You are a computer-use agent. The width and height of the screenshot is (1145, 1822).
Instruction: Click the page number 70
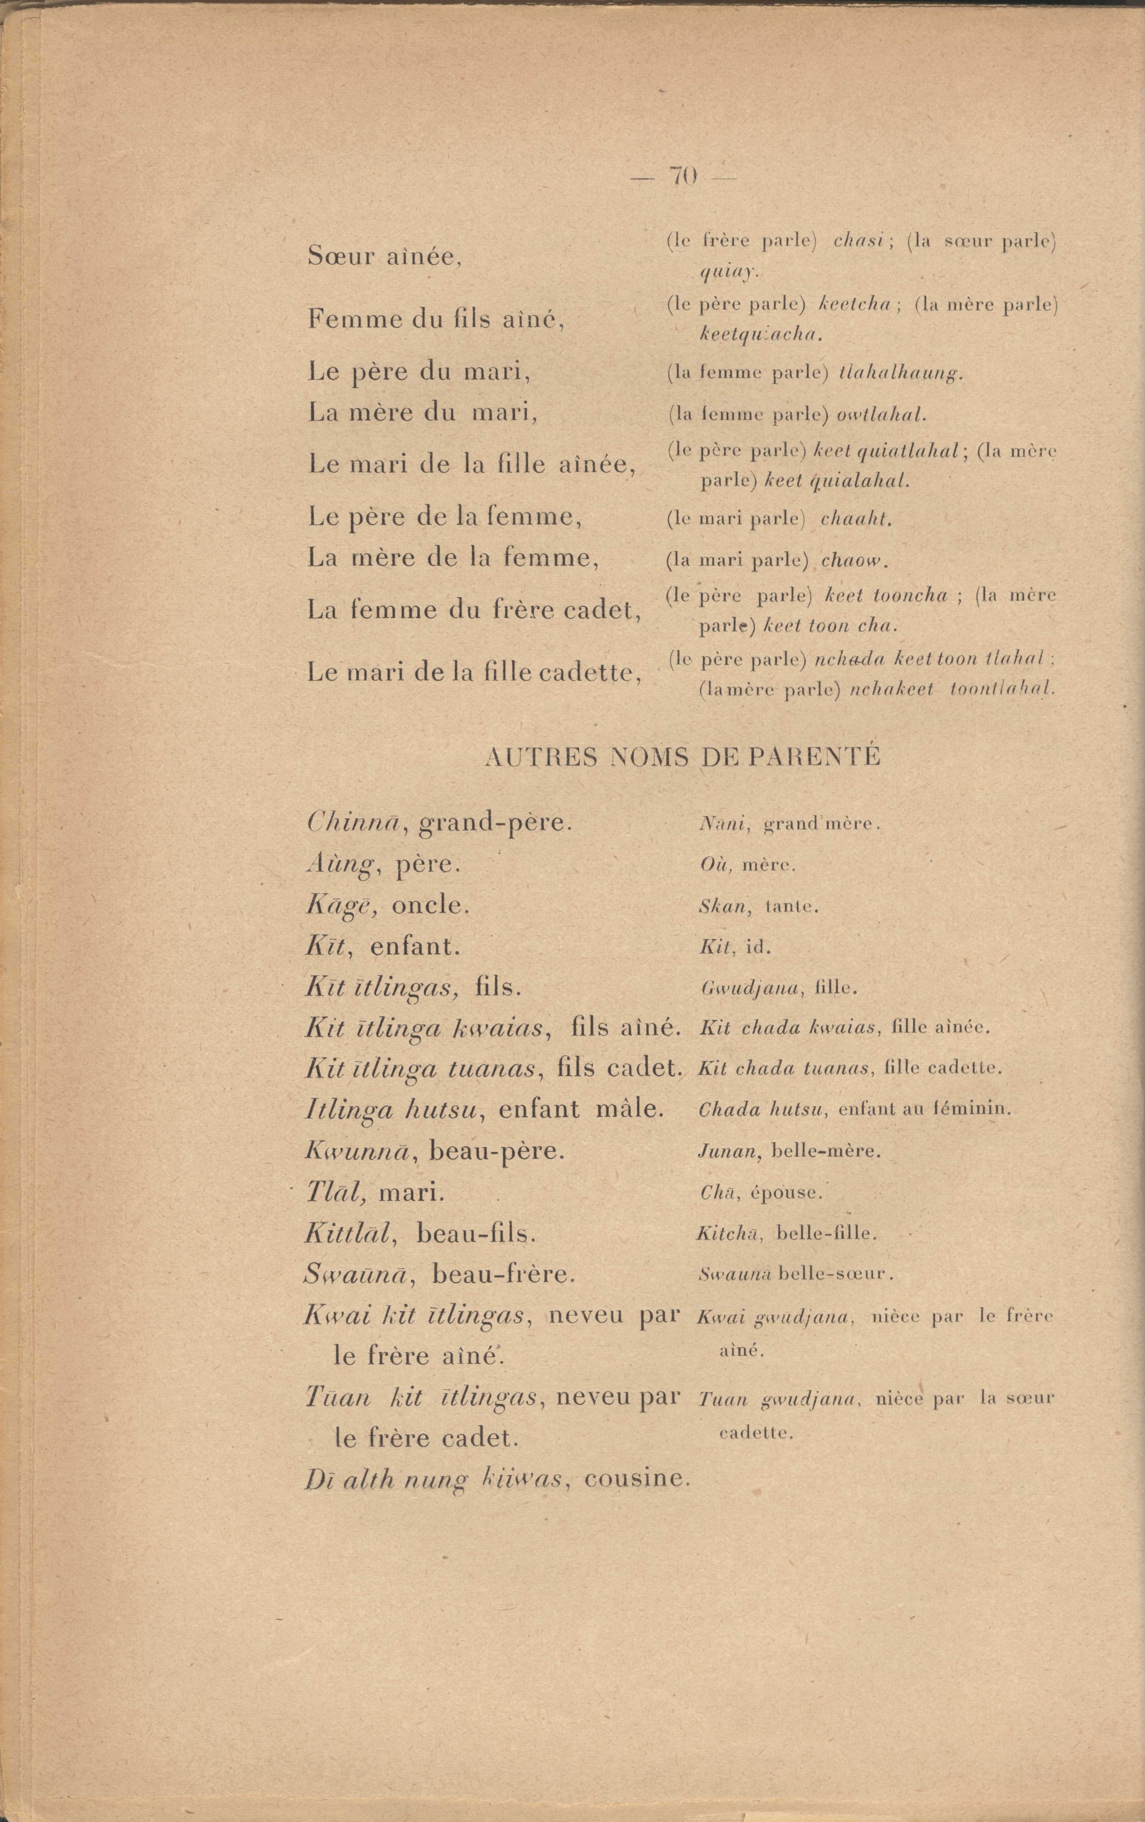pyautogui.click(x=682, y=176)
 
